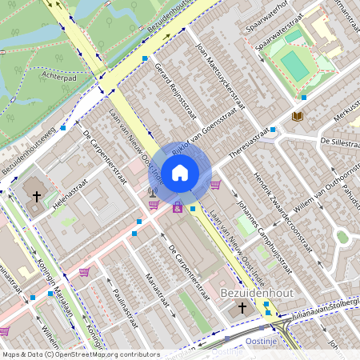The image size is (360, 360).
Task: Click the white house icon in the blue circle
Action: coord(180,172)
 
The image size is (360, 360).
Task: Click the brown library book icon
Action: coord(298,117)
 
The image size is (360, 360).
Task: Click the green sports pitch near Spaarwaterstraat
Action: coord(294,66)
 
